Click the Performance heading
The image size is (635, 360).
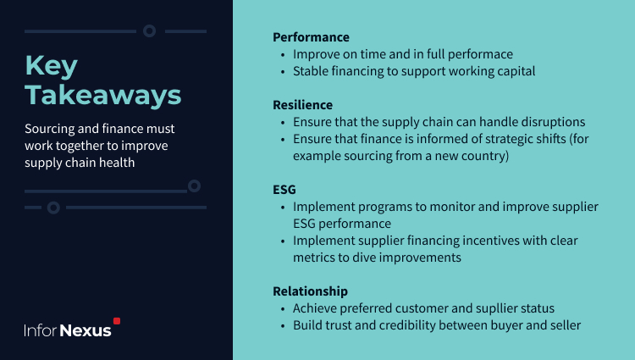point(311,37)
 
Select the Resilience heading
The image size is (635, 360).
point(302,105)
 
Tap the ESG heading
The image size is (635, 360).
point(284,190)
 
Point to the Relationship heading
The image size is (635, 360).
point(310,291)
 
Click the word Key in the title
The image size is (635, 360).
point(52,66)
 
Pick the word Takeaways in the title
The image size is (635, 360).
point(103,95)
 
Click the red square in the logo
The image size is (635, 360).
point(117,321)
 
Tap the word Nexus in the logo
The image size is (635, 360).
point(86,330)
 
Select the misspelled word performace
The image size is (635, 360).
point(480,54)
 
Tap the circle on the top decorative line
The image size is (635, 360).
point(149,30)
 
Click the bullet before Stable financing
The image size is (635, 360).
point(283,72)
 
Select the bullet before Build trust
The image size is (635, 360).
point(283,326)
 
